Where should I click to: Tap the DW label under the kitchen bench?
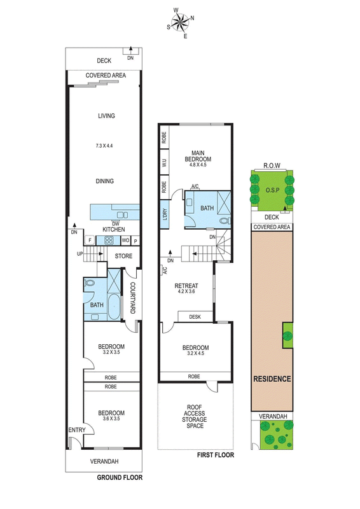tap(115, 224)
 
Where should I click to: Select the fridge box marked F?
tap(90, 241)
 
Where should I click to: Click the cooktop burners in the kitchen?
tap(108, 241)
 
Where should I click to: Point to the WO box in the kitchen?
tap(125, 241)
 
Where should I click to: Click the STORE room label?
tap(123, 256)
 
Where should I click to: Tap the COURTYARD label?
tap(132, 298)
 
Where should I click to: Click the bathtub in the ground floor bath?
tap(113, 307)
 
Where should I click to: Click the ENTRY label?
tap(77, 430)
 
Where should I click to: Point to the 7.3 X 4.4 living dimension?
tap(104, 146)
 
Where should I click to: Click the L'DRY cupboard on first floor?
tap(165, 214)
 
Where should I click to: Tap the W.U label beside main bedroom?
tap(164, 162)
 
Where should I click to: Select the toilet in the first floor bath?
tap(225, 221)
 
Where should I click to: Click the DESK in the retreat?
tap(195, 317)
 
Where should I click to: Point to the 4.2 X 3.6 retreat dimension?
tap(186, 291)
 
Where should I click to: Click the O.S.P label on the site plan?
tap(272, 190)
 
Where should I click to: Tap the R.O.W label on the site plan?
tap(272, 165)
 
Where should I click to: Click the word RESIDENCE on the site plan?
tap(272, 379)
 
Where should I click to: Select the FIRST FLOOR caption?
tap(216, 455)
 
